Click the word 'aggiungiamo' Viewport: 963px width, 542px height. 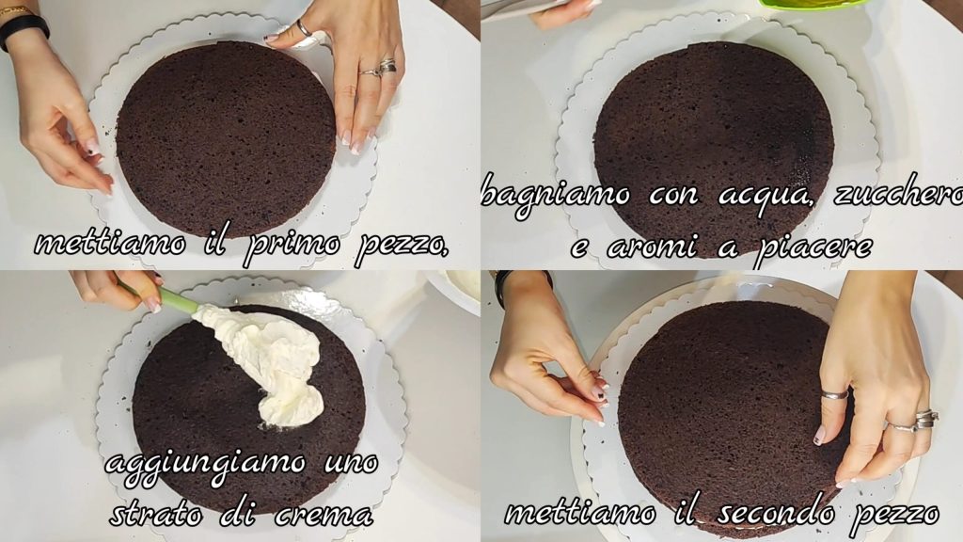205,463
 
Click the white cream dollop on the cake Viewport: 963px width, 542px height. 269,362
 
